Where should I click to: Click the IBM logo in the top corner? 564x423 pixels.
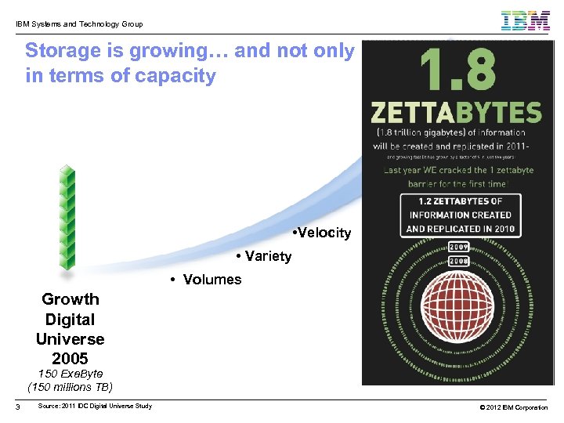coord(526,20)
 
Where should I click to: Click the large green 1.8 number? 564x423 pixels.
coord(458,70)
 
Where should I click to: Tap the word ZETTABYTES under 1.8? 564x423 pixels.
coord(457,111)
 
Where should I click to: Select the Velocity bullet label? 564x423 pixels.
coord(320,233)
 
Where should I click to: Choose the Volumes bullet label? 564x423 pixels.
coord(206,280)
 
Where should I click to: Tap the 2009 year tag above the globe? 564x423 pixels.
coord(460,247)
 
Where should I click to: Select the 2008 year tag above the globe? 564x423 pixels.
coord(460,261)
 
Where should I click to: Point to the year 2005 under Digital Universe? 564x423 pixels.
coord(70,360)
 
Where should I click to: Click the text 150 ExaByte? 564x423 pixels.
coord(70,374)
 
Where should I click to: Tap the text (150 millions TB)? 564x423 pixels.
coord(70,387)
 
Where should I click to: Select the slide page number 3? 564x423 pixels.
coord(16,406)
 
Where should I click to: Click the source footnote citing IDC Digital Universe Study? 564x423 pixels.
coord(95,406)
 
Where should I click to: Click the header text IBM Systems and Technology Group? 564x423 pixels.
coord(79,24)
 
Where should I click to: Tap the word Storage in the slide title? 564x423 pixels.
coord(63,51)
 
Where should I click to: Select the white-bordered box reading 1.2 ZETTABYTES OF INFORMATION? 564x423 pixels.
coord(460,215)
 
